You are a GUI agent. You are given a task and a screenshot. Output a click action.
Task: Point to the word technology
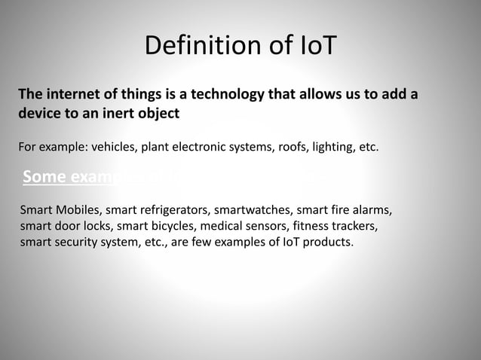click(x=227, y=95)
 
